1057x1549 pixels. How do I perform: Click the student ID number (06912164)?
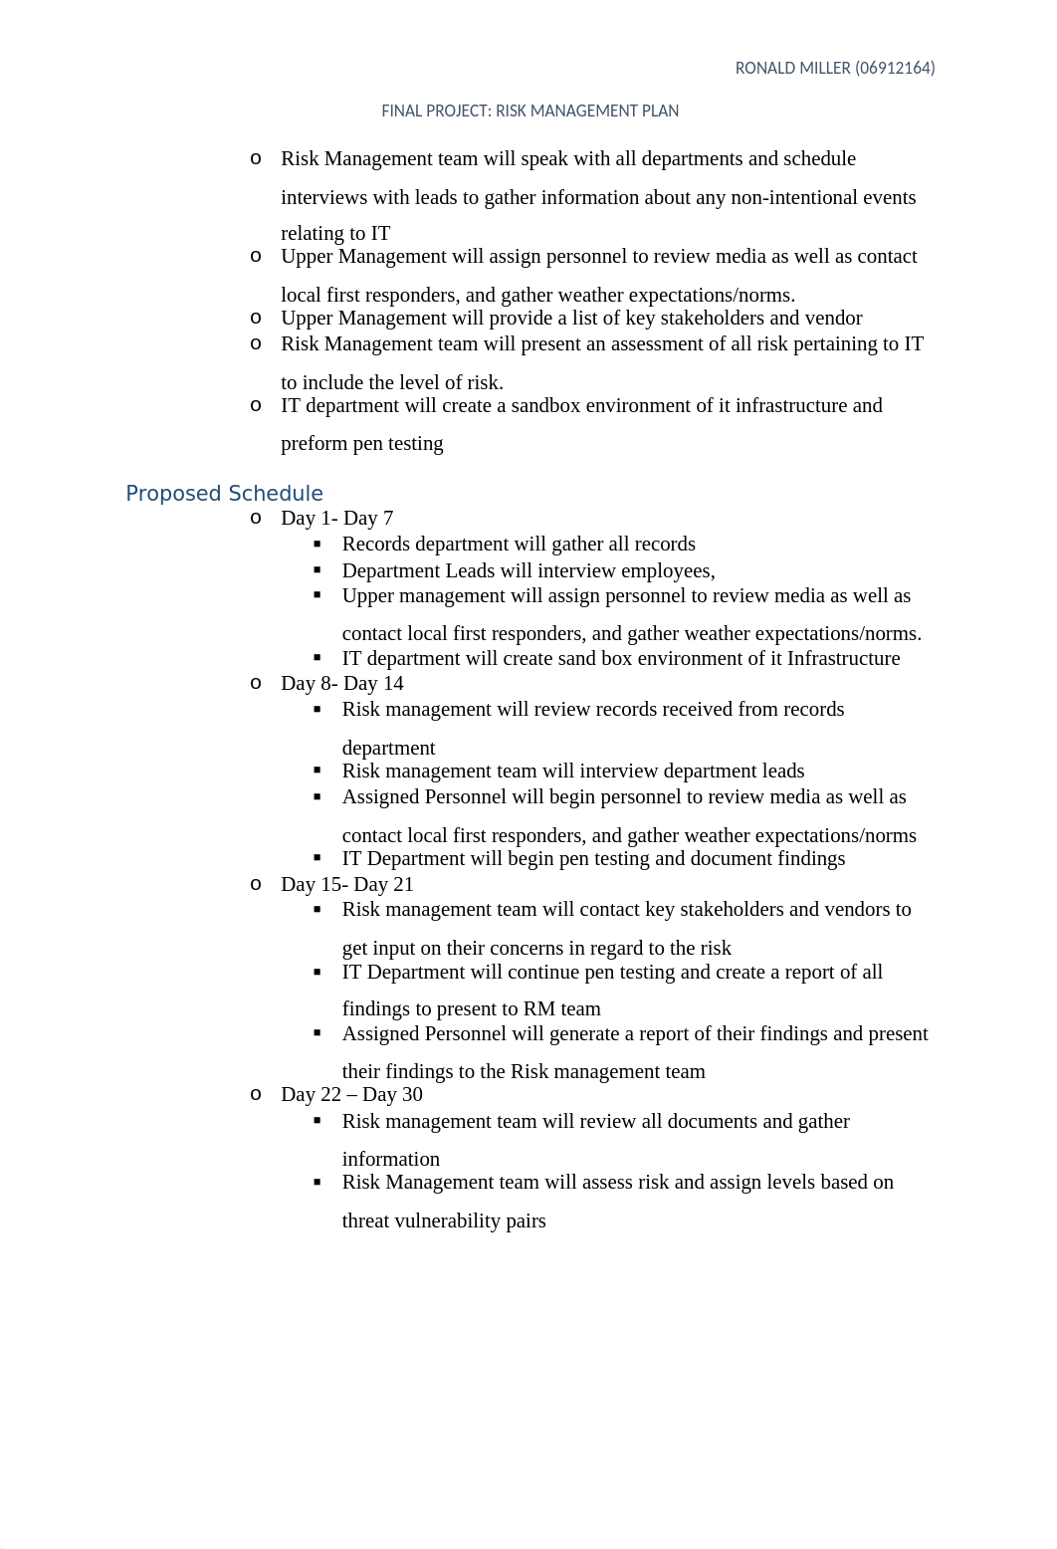point(895,69)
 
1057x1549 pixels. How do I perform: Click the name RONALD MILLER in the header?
point(792,69)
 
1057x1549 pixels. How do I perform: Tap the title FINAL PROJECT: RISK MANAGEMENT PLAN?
point(529,111)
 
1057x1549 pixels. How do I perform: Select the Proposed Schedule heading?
point(224,494)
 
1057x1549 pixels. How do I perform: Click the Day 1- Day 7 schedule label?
point(336,519)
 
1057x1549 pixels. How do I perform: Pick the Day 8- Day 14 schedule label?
point(341,684)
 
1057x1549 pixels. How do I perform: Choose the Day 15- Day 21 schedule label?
point(346,885)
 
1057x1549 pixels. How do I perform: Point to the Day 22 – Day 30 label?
point(351,1095)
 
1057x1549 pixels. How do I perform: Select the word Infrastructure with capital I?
point(843,659)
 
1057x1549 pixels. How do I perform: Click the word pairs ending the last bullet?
point(526,1221)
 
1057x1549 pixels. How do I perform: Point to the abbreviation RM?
point(539,1009)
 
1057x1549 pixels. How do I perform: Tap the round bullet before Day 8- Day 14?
point(257,683)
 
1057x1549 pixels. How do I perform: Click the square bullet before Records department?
point(317,544)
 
